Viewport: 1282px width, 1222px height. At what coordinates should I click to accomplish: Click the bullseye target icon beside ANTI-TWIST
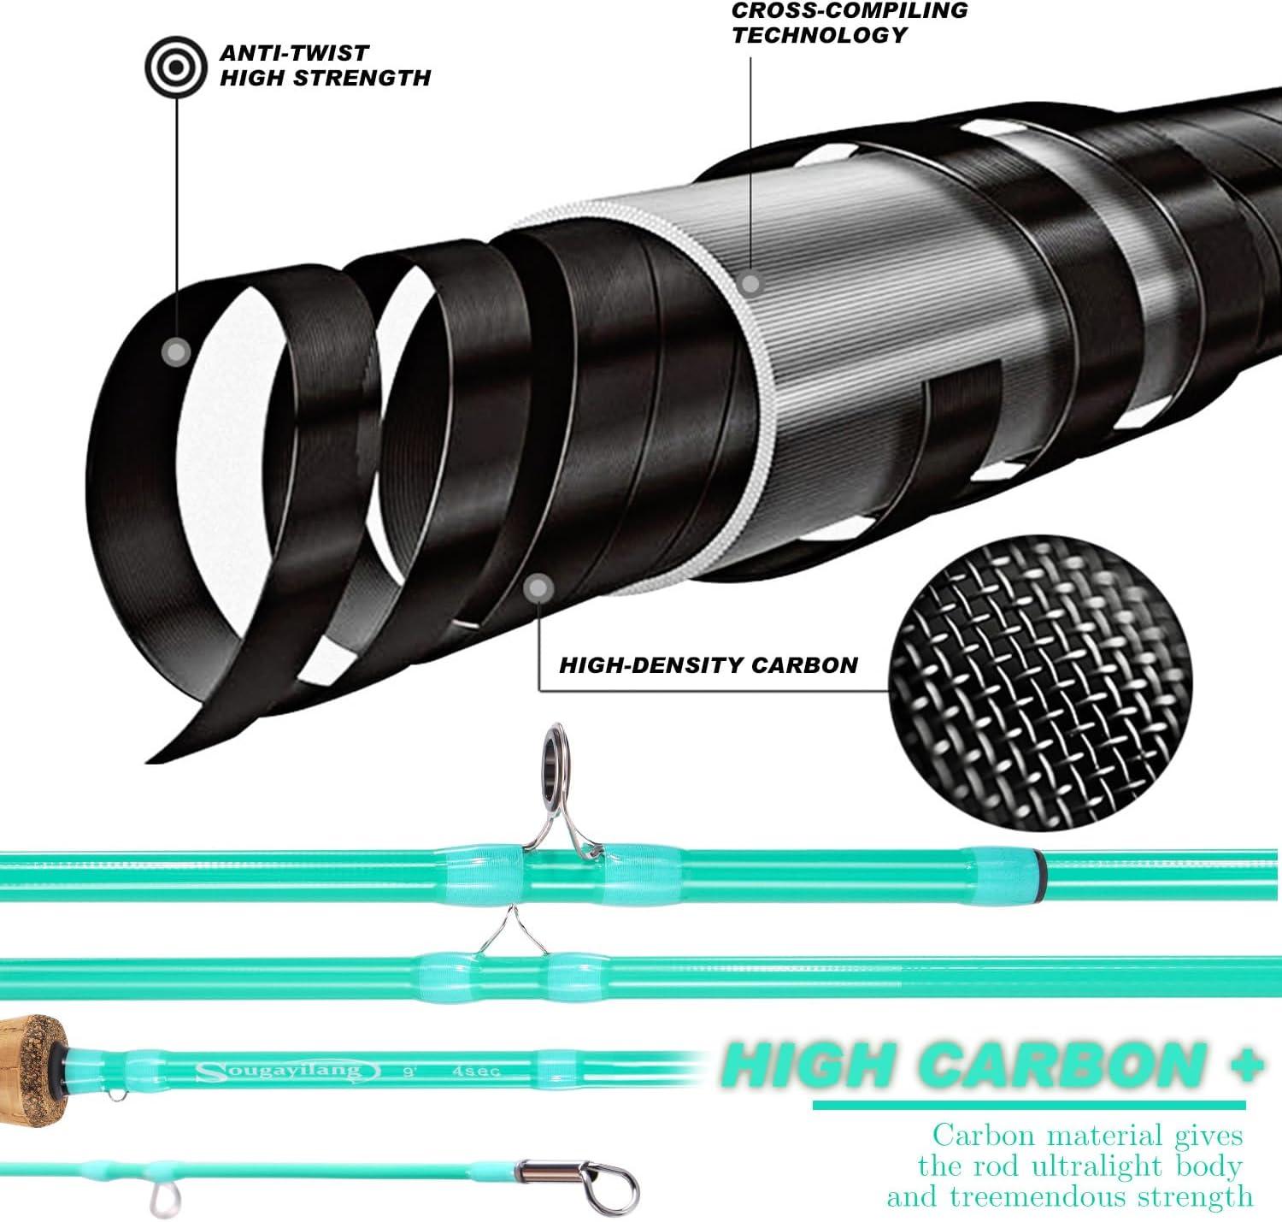tap(176, 67)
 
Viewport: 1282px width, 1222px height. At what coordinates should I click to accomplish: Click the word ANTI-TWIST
tap(294, 53)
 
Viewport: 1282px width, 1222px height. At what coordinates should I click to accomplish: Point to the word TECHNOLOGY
tap(819, 34)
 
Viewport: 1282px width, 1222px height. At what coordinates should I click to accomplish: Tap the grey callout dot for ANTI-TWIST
tap(176, 352)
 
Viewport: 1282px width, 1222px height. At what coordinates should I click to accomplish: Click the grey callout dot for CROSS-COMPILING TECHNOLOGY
tap(750, 283)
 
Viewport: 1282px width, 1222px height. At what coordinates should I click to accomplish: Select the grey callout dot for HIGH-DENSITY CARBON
tap(538, 588)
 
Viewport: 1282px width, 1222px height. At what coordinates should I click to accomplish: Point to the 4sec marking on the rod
tap(476, 1071)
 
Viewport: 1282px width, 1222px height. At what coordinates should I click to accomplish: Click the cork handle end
tap(32, 1069)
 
